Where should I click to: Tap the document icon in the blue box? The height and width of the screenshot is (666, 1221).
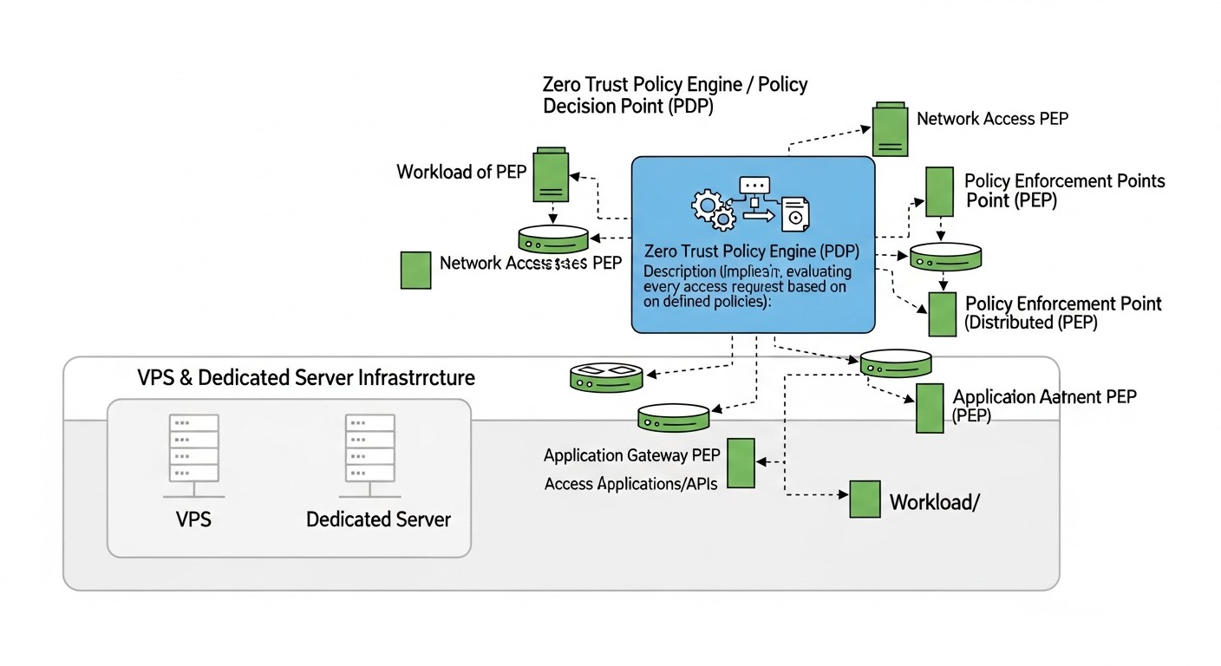pyautogui.click(x=794, y=213)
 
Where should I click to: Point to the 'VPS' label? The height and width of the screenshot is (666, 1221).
pyautogui.click(x=193, y=519)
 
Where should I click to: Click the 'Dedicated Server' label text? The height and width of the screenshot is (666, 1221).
pyautogui.click(x=378, y=519)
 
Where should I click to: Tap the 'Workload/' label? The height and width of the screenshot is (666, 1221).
pyautogui.click(x=934, y=502)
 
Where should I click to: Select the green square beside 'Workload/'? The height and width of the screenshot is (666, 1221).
pyautogui.click(x=865, y=499)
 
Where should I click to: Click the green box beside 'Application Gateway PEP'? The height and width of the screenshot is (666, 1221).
pyautogui.click(x=740, y=463)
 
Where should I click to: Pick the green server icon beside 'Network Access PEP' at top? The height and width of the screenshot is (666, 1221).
pyautogui.click(x=890, y=129)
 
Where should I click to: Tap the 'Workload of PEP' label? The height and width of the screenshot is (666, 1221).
pyautogui.click(x=461, y=171)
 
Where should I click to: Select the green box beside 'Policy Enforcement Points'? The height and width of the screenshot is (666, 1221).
pyautogui.click(x=940, y=192)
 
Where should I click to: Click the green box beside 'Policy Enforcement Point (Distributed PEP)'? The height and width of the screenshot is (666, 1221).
pyautogui.click(x=942, y=314)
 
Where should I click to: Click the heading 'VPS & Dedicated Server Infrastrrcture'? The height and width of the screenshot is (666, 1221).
pyautogui.click(x=306, y=378)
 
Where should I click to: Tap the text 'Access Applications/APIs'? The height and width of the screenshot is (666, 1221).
pyautogui.click(x=630, y=484)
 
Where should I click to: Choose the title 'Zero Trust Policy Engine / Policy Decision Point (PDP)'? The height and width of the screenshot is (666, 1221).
pyautogui.click(x=675, y=95)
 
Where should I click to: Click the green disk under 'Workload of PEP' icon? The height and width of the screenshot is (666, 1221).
pyautogui.click(x=553, y=238)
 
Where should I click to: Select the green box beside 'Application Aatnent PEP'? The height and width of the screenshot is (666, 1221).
pyautogui.click(x=930, y=408)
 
